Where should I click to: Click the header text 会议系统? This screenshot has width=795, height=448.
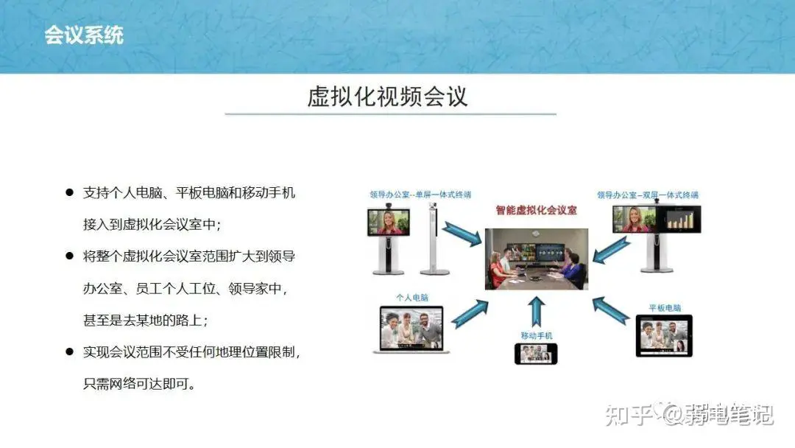[84, 35]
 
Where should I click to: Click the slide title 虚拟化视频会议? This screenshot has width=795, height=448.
[387, 97]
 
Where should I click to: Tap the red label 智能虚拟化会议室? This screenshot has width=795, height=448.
[536, 210]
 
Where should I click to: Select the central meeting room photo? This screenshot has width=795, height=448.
[537, 259]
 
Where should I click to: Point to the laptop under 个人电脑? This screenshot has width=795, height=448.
[411, 329]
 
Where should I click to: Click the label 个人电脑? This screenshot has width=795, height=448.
[412, 298]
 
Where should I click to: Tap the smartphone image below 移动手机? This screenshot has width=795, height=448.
[536, 354]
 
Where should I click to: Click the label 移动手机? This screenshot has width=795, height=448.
[537, 335]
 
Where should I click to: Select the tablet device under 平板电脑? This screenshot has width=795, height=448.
[664, 336]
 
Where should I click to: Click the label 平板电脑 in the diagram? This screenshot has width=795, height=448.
[665, 308]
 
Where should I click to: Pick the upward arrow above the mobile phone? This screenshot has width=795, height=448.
[537, 312]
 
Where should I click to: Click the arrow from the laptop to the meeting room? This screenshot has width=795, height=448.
[470, 313]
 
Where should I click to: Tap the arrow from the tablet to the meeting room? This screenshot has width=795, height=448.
[611, 310]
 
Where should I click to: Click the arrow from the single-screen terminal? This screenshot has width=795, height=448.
[462, 234]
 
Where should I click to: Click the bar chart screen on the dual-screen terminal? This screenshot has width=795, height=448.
[679, 219]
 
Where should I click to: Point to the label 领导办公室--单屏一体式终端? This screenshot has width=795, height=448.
[420, 195]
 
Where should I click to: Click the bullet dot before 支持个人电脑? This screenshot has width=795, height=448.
[69, 192]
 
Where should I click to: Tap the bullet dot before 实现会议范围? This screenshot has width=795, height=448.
[69, 351]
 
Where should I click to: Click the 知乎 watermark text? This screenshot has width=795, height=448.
[629, 415]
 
